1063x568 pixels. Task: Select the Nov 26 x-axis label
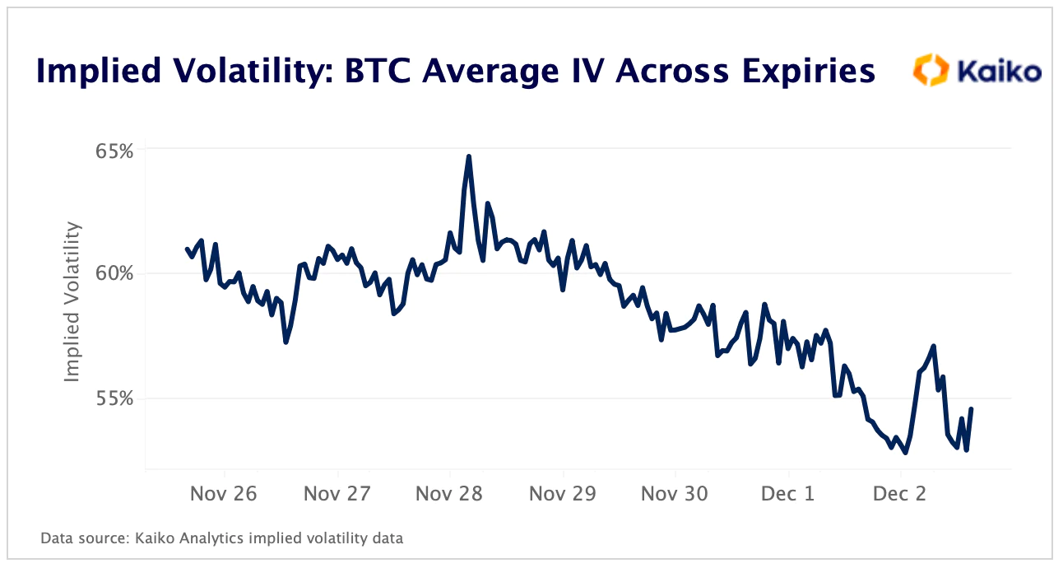(x=225, y=494)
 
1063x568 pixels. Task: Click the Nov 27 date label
(x=337, y=494)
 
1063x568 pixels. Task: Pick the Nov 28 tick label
(x=449, y=494)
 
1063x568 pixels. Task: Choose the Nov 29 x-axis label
(x=563, y=494)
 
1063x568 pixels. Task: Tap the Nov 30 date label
(x=675, y=494)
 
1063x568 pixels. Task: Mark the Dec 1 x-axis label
(x=787, y=494)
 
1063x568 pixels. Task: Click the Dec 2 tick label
(x=900, y=494)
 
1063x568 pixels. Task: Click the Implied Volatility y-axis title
(x=73, y=301)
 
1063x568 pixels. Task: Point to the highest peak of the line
(x=469, y=156)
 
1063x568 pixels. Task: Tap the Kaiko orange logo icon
(x=932, y=70)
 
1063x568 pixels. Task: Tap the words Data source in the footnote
(x=75, y=539)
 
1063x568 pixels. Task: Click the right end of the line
(x=972, y=408)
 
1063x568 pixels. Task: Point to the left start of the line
(x=186, y=249)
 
